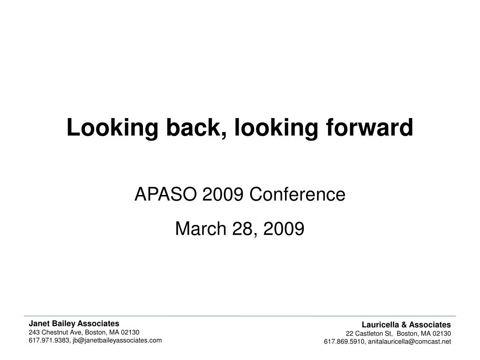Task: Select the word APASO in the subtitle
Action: [166, 194]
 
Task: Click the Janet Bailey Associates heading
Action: [74, 323]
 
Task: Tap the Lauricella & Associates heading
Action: [406, 324]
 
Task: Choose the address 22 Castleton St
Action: [368, 333]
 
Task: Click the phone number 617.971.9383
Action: [49, 340]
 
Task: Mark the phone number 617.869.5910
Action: [344, 342]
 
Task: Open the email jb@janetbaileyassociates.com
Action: [117, 340]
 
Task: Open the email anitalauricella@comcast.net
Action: [409, 342]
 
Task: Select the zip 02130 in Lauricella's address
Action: [442, 333]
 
